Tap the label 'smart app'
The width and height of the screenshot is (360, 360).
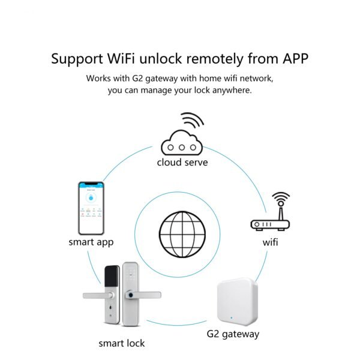click(x=91, y=242)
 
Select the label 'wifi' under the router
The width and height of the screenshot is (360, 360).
click(x=270, y=243)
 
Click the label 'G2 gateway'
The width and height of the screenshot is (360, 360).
click(x=233, y=334)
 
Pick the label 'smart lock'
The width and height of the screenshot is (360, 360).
click(x=122, y=343)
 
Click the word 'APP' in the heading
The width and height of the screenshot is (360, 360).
click(x=293, y=59)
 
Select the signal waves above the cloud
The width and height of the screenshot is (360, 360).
click(x=192, y=121)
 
